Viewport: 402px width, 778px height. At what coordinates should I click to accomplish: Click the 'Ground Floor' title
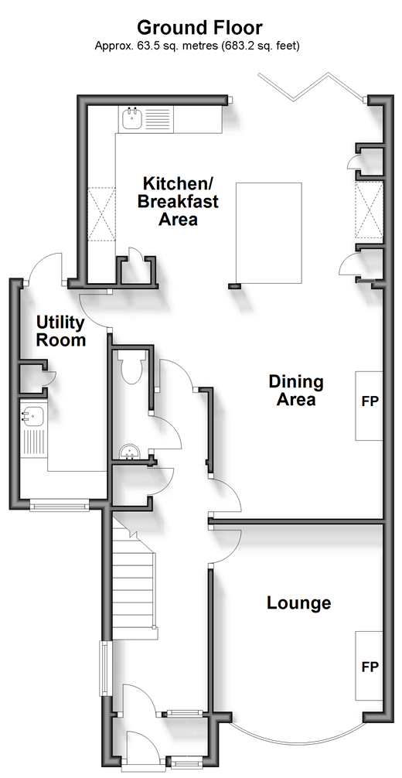click(199, 27)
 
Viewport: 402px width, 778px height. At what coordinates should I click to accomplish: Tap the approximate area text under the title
click(197, 46)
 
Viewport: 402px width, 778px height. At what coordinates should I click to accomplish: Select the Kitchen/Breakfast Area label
click(178, 201)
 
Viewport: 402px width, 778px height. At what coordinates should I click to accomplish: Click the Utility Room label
click(61, 332)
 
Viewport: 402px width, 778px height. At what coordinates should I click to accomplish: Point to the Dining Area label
click(296, 390)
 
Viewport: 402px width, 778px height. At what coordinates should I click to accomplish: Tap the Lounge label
click(298, 603)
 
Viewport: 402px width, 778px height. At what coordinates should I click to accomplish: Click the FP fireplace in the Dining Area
click(370, 405)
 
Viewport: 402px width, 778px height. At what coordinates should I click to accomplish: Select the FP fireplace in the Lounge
click(370, 666)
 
